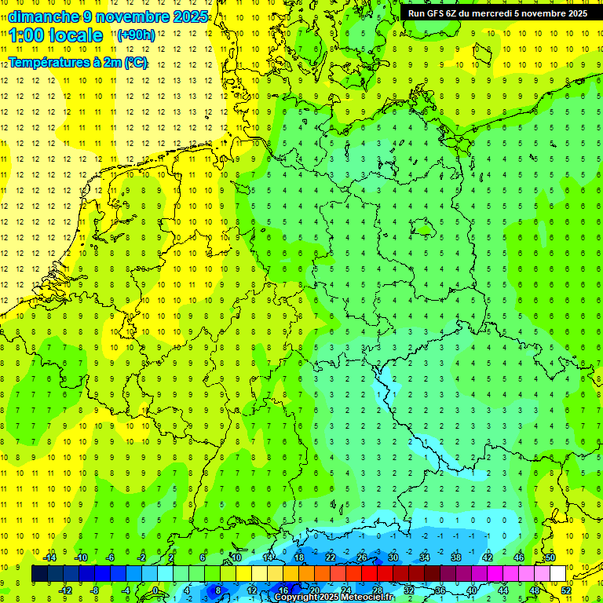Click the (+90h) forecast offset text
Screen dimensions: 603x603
tap(136, 35)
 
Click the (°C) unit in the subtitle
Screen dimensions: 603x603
tap(135, 62)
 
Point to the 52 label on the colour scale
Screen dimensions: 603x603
tap(566, 590)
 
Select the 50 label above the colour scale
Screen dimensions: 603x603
tap(550, 557)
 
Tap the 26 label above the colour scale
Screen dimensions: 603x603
tap(362, 557)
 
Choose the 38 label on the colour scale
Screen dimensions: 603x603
tap(456, 557)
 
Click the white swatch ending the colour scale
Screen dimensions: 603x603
tap(557, 574)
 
